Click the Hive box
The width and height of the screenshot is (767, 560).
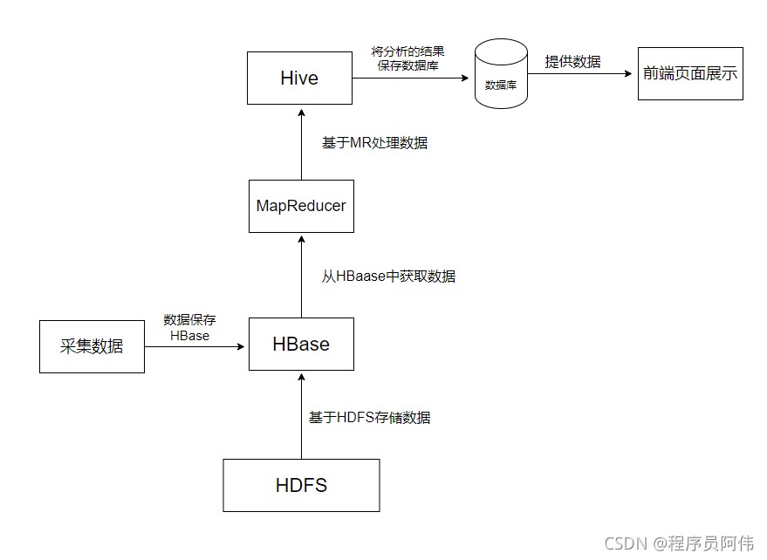tap(299, 78)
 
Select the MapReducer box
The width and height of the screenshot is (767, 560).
tap(301, 206)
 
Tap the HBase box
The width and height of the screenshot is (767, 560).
tap(301, 344)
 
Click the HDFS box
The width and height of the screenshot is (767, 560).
tap(301, 485)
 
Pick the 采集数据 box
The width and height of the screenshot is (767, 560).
tap(92, 346)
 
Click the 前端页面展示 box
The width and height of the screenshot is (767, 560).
tap(690, 73)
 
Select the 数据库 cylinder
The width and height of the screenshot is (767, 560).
tap(500, 75)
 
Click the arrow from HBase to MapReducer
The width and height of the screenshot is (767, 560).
tap(301, 276)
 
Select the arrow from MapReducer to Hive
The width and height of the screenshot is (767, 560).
tap(301, 144)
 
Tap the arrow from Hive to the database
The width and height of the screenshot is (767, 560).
tap(410, 78)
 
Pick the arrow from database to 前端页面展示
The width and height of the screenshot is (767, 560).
tap(580, 73)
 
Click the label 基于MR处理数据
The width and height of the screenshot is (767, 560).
tap(374, 142)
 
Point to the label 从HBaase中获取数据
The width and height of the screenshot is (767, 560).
tap(388, 277)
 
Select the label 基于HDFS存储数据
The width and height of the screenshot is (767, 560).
tap(369, 417)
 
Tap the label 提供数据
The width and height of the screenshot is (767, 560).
tap(572, 61)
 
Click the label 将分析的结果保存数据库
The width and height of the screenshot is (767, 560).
tap(408, 58)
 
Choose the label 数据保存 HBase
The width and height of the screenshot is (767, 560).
tap(189, 328)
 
